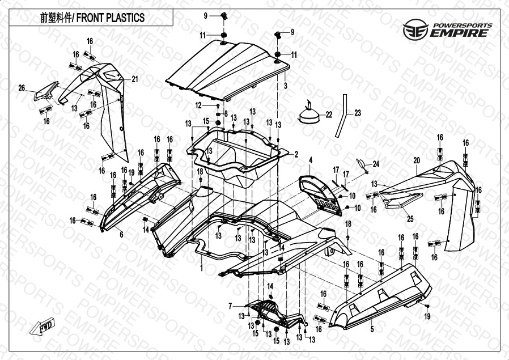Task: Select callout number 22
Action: click(329, 115)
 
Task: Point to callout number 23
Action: click(357, 113)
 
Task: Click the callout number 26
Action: click(22, 87)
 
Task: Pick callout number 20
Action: click(416, 161)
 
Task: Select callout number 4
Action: click(310, 161)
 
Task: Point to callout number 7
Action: click(231, 306)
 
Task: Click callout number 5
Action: click(372, 329)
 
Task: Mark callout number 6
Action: click(121, 234)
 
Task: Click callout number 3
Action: click(286, 85)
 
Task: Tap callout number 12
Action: click(199, 105)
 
